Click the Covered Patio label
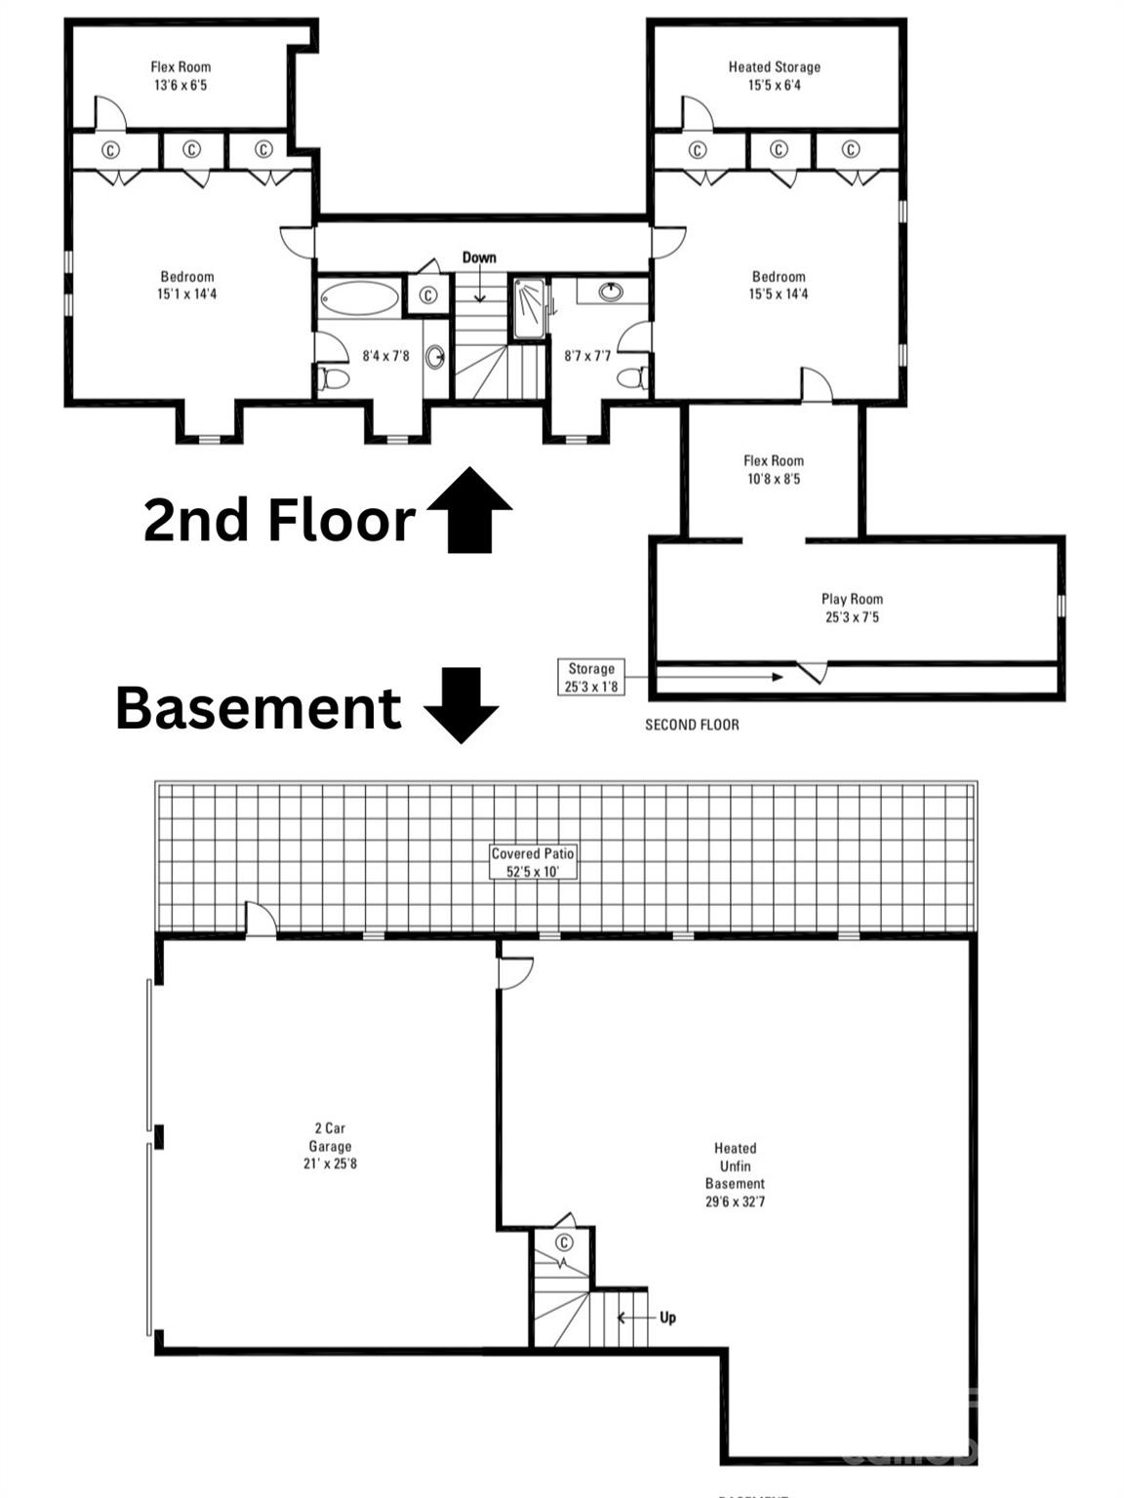pos(533,862)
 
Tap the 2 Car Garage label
pos(330,1146)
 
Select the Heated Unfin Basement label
pos(735,1174)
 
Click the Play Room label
pos(852,608)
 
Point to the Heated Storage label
pos(774,76)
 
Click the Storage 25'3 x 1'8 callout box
pos(591,677)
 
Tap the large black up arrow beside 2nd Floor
pos(469,509)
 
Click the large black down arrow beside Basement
pos(462,704)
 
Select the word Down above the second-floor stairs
pos(479,257)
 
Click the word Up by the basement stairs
pos(667,1318)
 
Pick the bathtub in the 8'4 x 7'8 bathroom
pos(359,297)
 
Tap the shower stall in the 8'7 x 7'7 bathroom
pos(529,308)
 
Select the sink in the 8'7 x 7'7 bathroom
pos(611,291)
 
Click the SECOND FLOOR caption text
pos(692,725)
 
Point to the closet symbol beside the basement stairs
pos(564,1242)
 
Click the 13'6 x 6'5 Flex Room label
pos(181,76)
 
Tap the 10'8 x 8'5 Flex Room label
pos(773,469)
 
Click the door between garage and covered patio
pos(261,920)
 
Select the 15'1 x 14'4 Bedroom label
pos(186,285)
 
